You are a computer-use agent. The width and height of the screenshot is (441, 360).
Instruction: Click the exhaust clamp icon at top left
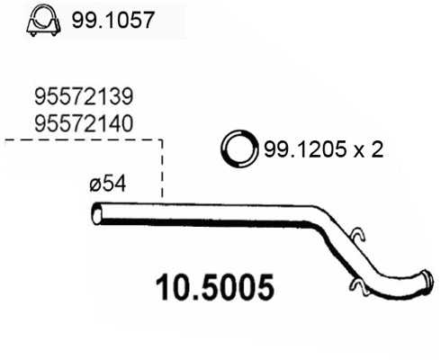(40, 20)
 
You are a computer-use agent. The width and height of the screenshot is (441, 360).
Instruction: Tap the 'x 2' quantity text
(368, 150)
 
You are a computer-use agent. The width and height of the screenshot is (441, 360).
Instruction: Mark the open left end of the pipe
(96, 215)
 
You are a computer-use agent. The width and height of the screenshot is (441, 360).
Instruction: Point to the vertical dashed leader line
(162, 171)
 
